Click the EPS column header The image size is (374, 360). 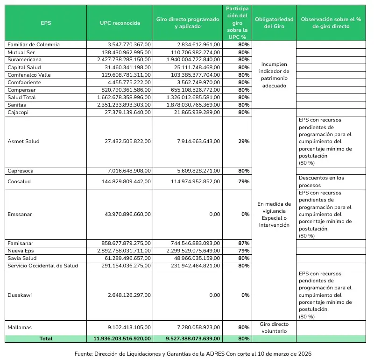pos(46,23)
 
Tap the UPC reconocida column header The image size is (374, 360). pos(120,23)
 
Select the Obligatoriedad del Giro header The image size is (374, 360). pos(274,23)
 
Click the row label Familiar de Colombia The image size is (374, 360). pos(34,44)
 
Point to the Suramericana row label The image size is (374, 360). pos(24,59)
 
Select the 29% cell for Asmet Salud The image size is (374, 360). pos(243,141)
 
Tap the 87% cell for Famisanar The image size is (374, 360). pos(244,243)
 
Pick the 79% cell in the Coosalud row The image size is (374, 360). pos(244,181)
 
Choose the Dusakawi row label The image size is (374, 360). pos(20,295)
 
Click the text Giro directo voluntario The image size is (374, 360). pos(274,327)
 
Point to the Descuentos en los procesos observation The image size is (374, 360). pos(321,181)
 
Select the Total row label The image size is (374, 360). pos(46,338)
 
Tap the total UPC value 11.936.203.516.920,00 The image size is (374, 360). pos(120,338)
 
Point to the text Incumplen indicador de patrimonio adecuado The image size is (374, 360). pos(274,75)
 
